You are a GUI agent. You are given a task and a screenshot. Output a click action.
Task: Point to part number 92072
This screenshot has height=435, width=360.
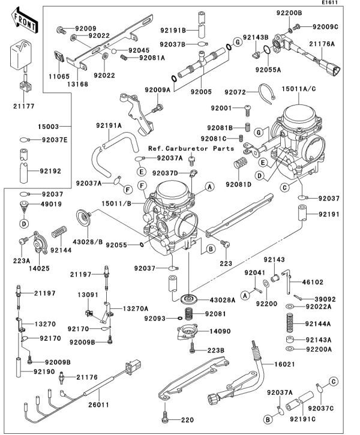pyautogui.click(x=235, y=92)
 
